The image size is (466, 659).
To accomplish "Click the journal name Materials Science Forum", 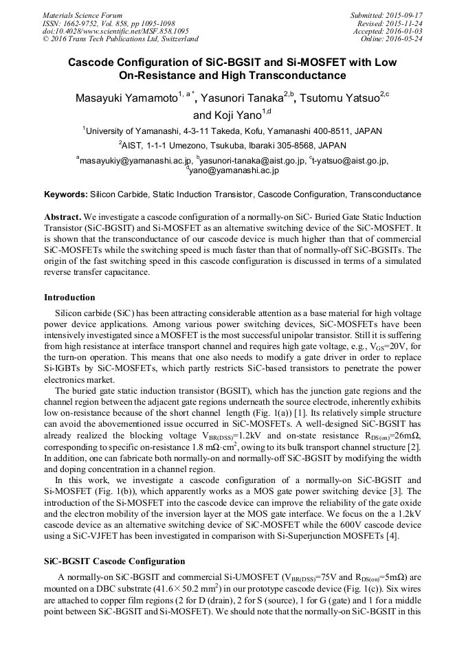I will [82, 15].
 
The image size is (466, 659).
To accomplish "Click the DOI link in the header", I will [115, 31].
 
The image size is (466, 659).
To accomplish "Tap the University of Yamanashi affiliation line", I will [233, 131].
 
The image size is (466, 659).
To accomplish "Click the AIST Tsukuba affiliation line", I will [233, 146].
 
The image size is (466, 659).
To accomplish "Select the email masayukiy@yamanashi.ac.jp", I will [135, 161].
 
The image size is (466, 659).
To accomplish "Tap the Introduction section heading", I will [69, 298].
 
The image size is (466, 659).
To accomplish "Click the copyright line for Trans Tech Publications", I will [120, 39].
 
